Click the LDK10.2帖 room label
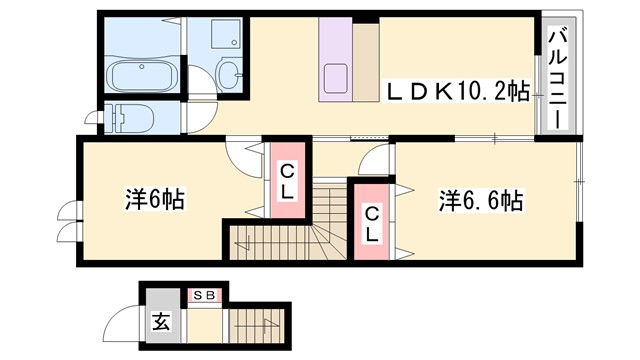pyautogui.click(x=457, y=92)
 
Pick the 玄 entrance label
pyautogui.click(x=161, y=322)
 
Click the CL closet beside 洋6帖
pyautogui.click(x=286, y=181)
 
